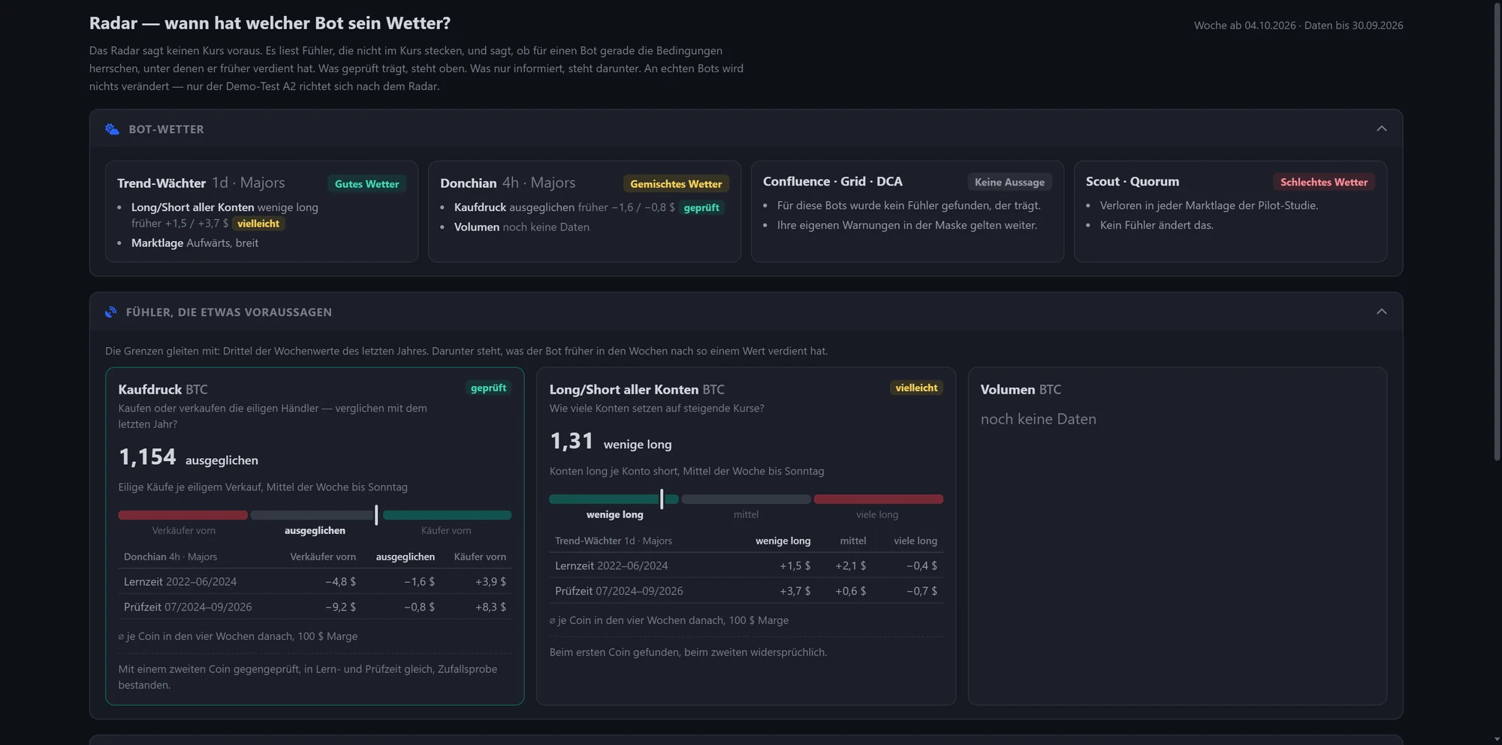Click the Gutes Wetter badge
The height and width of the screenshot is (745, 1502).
[x=366, y=184]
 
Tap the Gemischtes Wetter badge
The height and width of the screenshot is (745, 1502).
[x=676, y=184]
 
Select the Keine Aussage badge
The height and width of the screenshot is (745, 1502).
[x=1009, y=182]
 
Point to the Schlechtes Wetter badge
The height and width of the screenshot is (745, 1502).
[x=1324, y=182]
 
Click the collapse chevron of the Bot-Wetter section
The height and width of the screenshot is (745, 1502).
[x=1381, y=128]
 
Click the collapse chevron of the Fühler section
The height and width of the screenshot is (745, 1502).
[x=1381, y=312]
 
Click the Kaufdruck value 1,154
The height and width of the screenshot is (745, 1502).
[x=147, y=457]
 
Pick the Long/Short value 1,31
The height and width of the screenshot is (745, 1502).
[x=572, y=441]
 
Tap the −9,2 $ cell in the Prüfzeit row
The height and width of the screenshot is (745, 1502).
[x=340, y=607]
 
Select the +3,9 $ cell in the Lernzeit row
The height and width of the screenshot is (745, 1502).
[x=490, y=581]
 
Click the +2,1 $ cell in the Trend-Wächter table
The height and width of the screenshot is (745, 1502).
[x=850, y=566]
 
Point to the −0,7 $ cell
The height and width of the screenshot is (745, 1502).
[x=921, y=591]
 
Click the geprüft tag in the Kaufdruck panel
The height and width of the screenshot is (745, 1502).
[x=488, y=388]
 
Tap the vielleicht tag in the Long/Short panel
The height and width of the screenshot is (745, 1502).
[x=916, y=388]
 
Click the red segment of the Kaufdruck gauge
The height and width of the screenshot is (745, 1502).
[x=182, y=515]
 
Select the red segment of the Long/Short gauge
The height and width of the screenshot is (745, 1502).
[x=879, y=499]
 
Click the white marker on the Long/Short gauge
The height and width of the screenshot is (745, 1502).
[x=662, y=499]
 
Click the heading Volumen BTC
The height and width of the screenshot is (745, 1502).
[x=1021, y=390]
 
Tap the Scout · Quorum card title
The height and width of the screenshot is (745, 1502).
[x=1133, y=182]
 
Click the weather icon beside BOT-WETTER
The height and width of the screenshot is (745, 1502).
[x=112, y=129]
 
